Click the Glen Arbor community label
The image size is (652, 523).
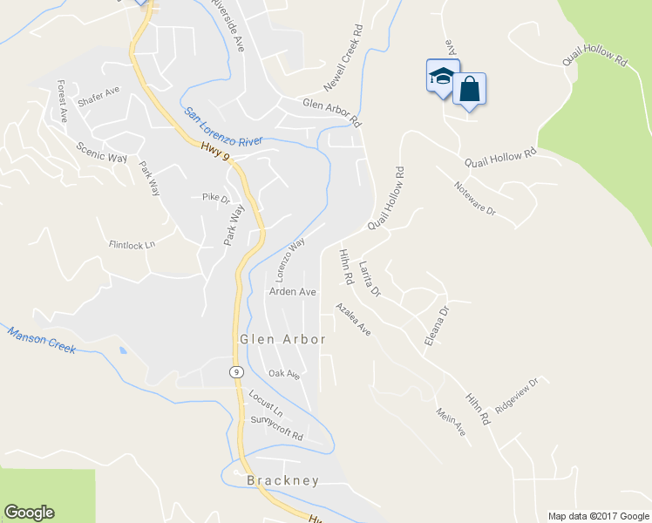click(x=282, y=338)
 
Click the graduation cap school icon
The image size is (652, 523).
click(x=442, y=77)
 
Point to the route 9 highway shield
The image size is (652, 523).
click(x=236, y=370)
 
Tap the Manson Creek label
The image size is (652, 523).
click(x=42, y=339)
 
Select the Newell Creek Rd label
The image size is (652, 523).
click(x=343, y=58)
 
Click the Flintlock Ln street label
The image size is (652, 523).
click(x=132, y=244)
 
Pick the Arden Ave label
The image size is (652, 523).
click(x=292, y=292)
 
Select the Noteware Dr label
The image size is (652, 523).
click(x=474, y=199)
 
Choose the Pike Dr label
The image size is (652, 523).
click(x=215, y=198)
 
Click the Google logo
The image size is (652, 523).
click(x=29, y=513)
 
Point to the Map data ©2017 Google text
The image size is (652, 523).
click(x=598, y=516)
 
